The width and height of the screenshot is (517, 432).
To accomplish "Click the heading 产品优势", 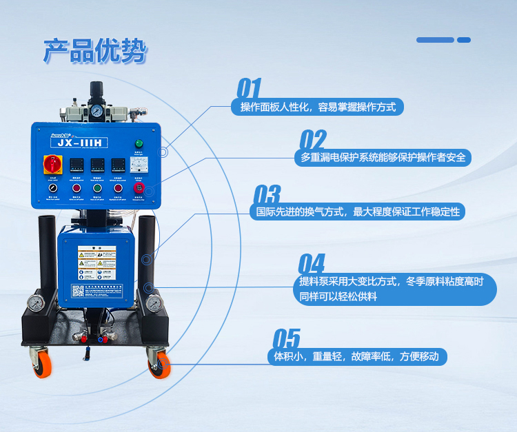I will tap(94, 51).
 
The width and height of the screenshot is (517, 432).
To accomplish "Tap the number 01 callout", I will tap(249, 89).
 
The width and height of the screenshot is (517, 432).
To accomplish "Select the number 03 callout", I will tap(267, 194).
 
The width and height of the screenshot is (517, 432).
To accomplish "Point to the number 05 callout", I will tap(287, 339).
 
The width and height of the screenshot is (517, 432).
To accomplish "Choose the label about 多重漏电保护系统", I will tap(383, 157).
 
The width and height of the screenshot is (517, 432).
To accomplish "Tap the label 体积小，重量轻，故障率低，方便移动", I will tap(356, 357).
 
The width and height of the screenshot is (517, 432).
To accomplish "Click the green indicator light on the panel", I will tap(138, 143).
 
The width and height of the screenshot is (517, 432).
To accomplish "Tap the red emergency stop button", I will tap(139, 188).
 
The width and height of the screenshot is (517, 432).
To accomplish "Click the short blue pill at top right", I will tap(464, 40).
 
